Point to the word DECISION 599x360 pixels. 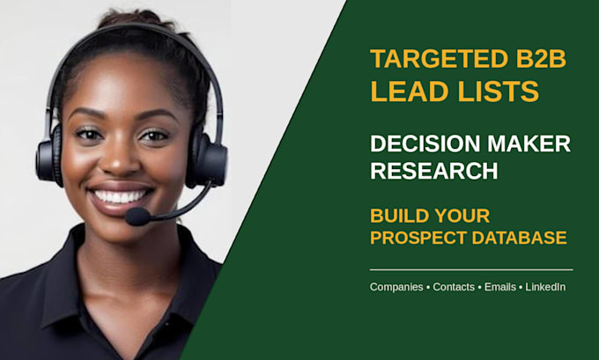425,144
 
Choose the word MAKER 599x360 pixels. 529,144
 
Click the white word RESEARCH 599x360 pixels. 434,171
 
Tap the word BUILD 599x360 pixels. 399,216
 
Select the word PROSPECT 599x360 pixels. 418,238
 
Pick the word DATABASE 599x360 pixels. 520,238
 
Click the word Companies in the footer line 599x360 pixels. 396,287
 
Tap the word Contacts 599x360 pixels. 454,287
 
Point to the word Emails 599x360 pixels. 500,287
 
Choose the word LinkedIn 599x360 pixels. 545,287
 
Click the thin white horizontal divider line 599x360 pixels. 471,270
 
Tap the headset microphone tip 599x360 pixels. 137,217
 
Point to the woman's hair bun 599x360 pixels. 136,18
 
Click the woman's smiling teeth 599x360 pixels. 120,196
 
